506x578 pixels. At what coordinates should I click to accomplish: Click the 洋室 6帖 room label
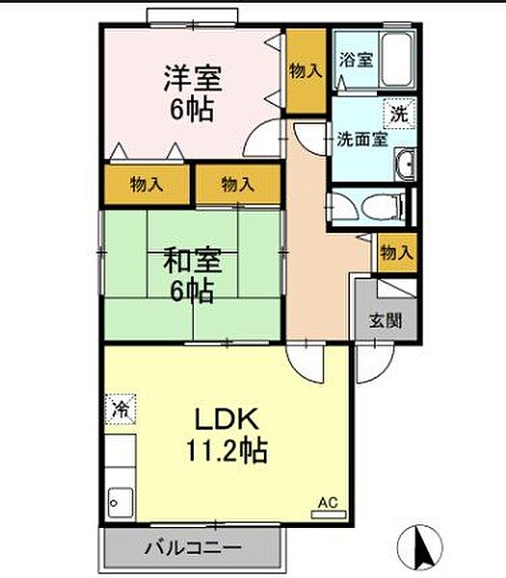click(192, 93)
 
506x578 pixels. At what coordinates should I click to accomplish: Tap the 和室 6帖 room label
click(192, 275)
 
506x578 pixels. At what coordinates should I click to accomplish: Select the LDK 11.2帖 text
click(226, 435)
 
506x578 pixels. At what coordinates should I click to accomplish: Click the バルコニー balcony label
click(193, 548)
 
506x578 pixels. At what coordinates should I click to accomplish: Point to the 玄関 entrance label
click(386, 321)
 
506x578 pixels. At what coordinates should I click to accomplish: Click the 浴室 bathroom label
click(356, 60)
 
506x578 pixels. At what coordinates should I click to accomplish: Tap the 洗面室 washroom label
click(362, 140)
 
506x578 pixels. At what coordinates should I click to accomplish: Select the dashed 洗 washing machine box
click(399, 114)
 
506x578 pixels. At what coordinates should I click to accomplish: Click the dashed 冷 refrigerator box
click(120, 409)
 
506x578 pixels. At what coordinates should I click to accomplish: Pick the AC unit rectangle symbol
click(329, 514)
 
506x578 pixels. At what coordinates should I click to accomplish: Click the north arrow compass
click(419, 546)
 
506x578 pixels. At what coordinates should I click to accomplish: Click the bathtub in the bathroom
click(396, 60)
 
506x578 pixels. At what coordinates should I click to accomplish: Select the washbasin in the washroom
click(406, 165)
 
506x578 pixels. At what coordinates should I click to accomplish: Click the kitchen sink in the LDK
click(120, 503)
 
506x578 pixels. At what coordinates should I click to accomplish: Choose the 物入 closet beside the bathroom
click(306, 70)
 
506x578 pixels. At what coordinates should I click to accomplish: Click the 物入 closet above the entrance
click(397, 252)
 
